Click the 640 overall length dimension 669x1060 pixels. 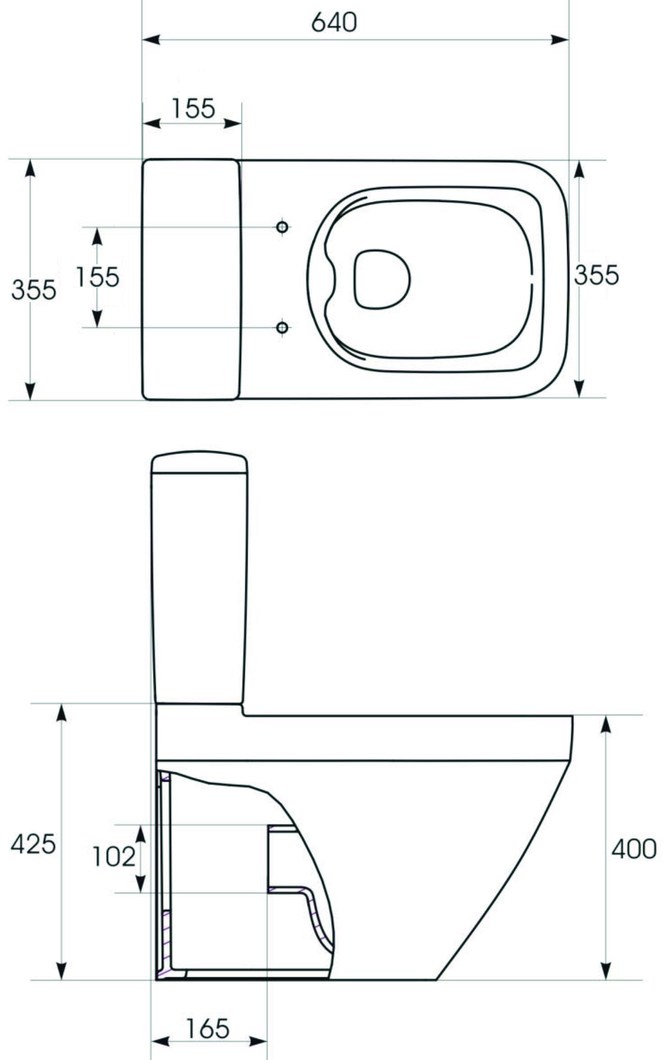tap(334, 23)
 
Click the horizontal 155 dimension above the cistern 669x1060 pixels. tap(193, 108)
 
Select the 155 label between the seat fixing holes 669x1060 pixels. tap(98, 277)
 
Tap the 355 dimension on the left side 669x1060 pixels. tap(34, 290)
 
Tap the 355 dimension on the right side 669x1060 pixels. tap(596, 275)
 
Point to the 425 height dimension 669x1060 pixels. tap(33, 844)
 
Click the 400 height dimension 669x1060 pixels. tap(634, 848)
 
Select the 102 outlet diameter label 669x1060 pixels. tap(113, 857)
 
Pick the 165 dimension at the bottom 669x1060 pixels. tap(207, 1028)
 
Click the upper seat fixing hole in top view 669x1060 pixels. tap(282, 227)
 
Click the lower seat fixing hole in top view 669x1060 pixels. tap(282, 327)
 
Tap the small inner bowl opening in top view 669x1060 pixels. tap(381, 279)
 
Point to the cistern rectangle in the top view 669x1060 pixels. tap(190, 279)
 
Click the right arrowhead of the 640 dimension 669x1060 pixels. tap(560, 40)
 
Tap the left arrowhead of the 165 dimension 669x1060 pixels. tap(159, 1042)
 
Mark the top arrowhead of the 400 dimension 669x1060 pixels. tap(605, 724)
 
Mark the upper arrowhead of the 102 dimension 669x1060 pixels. tap(140, 833)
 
